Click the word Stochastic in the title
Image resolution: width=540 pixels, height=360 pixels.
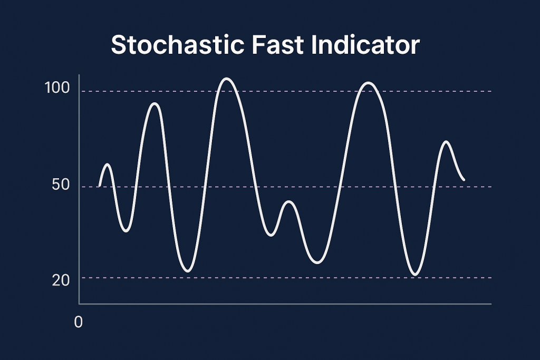178,45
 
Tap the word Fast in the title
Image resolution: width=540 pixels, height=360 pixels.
278,45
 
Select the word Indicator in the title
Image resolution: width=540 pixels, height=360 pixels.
365,45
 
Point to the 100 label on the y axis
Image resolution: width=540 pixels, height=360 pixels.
57,88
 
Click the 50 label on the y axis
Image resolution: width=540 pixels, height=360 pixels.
61,185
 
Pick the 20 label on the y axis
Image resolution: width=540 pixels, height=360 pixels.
61,280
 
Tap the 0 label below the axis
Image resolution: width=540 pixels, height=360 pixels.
79,322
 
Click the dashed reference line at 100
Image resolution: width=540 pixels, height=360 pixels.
286,91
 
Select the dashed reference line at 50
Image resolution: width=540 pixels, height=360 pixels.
286,187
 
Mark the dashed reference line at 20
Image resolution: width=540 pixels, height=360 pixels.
286,277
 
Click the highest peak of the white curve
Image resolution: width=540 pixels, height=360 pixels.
227,79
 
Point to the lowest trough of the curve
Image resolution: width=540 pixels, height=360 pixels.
416,275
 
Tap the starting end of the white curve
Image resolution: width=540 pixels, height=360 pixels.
100,186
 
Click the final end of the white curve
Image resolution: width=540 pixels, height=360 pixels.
464,180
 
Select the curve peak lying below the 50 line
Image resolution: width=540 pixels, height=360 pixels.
289,202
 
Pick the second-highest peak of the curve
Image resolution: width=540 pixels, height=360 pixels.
369,83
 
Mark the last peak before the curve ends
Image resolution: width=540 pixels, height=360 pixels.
446,142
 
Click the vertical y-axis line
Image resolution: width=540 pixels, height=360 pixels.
79,189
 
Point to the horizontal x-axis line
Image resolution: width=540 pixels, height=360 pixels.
285,304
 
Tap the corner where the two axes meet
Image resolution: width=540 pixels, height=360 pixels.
79,304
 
